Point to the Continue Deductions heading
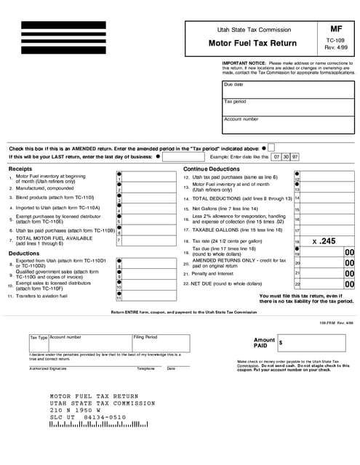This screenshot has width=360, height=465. (211, 169)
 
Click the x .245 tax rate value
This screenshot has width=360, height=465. (324, 240)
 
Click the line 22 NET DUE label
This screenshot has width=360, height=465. (225, 284)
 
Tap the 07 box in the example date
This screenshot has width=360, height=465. (277, 156)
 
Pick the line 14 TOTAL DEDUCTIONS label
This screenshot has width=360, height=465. (236, 198)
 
